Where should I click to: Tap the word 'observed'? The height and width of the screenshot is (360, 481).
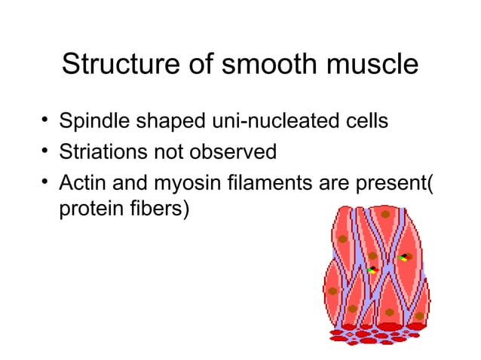pos(237,153)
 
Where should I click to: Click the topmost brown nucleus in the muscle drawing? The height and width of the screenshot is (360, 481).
pos(384,215)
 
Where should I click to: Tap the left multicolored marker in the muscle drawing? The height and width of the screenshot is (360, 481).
pos(370,269)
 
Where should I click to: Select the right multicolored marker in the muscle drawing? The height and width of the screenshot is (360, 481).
pos(404,258)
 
